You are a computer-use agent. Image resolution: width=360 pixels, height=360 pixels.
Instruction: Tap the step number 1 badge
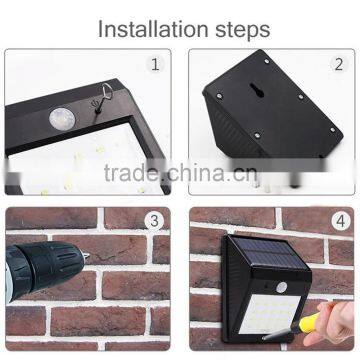[154, 64]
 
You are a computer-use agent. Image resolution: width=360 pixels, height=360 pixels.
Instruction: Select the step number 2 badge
[339, 64]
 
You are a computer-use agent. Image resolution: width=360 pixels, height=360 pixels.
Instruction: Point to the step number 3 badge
[154, 221]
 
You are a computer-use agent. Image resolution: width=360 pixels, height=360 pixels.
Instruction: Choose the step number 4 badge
[338, 221]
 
